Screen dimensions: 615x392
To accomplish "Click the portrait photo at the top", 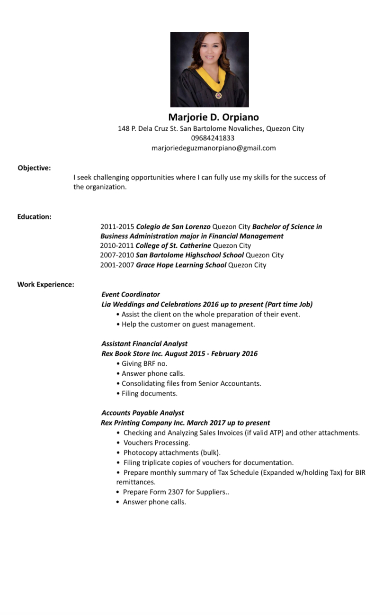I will pos(209,69).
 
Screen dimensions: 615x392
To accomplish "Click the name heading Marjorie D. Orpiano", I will pos(214,117).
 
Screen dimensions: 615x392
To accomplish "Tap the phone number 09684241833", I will pos(213,138).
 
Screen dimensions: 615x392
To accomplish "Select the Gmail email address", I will pos(214,148).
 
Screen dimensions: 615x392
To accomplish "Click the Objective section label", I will pos(34,167).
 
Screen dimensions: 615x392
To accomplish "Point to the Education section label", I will pos(35,217).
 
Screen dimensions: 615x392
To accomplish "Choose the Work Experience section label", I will pos(46,284).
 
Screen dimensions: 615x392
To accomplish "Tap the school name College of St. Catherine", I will pos(173,245).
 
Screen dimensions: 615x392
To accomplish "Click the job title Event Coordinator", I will pos(131,294).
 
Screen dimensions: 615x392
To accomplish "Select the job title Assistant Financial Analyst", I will pos(144,344).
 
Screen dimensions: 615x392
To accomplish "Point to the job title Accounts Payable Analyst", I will pos(143,413).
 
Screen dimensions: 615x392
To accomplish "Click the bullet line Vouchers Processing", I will pos(156,443).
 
